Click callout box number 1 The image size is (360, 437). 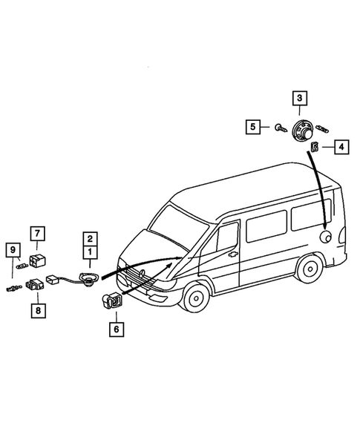click(x=90, y=252)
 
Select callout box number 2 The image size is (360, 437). click(x=90, y=239)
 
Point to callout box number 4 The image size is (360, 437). click(x=340, y=148)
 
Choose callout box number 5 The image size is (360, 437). click(x=254, y=128)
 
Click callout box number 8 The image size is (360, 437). click(x=37, y=309)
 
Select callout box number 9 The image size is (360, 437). click(x=13, y=249)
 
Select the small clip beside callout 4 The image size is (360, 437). click(x=315, y=147)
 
